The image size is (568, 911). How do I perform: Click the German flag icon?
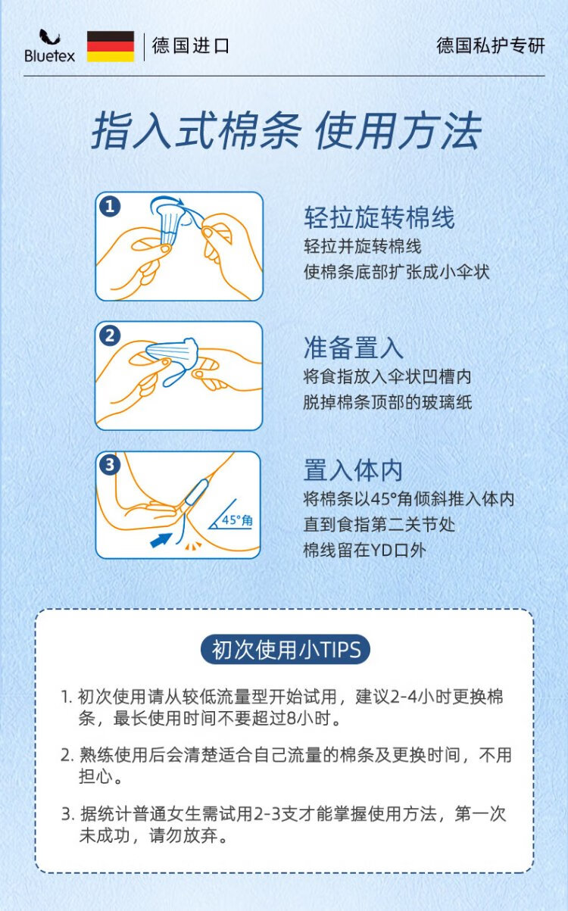[111, 46]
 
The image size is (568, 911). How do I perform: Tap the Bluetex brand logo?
[49, 46]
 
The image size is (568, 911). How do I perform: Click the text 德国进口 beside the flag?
[191, 45]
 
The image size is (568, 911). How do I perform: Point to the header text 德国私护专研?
[490, 45]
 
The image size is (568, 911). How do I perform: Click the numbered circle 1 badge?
[110, 207]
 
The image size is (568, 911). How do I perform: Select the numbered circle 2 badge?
[110, 336]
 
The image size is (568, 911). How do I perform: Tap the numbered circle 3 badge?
[110, 465]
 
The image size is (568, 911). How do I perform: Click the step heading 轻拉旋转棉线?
[379, 217]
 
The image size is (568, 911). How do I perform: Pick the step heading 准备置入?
[354, 348]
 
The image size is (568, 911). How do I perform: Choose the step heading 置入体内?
[354, 470]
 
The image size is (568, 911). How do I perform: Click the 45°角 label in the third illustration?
[237, 520]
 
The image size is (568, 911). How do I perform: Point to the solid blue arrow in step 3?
[161, 540]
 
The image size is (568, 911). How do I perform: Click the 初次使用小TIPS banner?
[286, 650]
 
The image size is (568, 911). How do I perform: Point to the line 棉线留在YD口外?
[365, 551]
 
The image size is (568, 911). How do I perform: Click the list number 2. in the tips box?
[67, 755]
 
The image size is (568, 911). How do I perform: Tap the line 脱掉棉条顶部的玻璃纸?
[388, 403]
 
